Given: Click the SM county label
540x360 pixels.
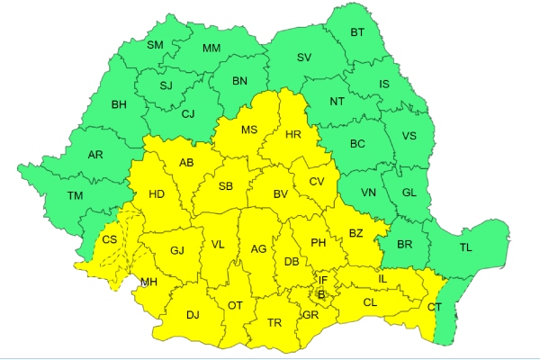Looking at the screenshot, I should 154,46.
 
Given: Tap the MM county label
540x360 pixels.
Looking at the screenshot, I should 211,49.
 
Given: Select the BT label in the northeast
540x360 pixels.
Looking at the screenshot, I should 357,33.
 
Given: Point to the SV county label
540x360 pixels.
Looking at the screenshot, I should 303,58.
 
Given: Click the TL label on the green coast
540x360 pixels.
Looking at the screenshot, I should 465,247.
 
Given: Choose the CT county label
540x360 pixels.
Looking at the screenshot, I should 435,308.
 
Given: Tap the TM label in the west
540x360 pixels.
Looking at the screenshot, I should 75,195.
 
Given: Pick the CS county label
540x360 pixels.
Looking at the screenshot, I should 109,239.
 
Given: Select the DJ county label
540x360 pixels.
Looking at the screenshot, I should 193,315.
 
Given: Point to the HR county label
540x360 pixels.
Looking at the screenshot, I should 292,134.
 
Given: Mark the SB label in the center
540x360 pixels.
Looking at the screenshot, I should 226,186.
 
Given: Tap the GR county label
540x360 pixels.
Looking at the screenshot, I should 310,315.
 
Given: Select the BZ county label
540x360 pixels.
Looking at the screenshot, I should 355,234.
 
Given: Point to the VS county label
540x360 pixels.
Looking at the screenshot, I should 409,137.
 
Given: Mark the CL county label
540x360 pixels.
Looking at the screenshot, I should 370,302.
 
